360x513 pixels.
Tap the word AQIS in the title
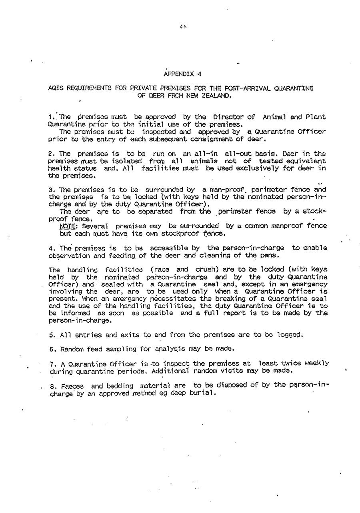[54, 88]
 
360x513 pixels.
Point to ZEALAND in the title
[216, 96]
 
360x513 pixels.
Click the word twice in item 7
[290, 363]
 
